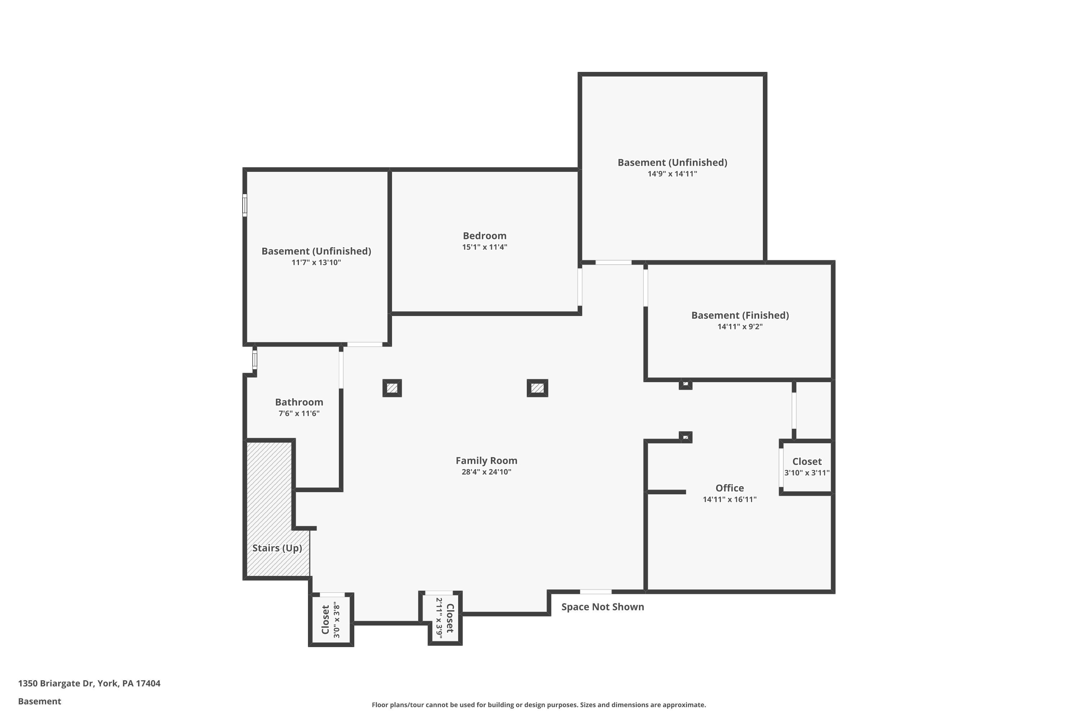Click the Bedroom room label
click(484, 236)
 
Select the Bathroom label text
click(299, 402)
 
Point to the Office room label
click(730, 488)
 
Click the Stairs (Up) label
click(277, 548)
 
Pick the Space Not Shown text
click(603, 607)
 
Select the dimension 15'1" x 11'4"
click(484, 247)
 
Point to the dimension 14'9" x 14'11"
click(672, 174)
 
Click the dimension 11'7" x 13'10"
click(316, 262)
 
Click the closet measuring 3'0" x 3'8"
click(331, 619)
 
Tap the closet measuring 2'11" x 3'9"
click(444, 617)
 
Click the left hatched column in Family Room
click(392, 388)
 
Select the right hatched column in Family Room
click(537, 388)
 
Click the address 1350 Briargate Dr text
click(56, 683)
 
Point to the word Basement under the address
click(40, 701)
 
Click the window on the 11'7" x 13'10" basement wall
click(245, 205)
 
